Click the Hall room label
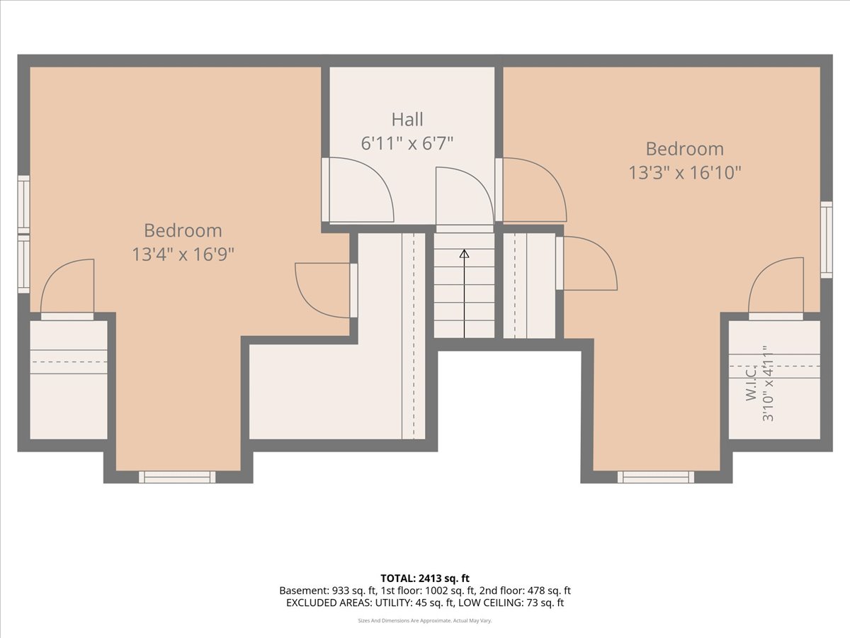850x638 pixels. [x=407, y=119]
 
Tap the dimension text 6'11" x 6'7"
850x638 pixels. [x=407, y=144]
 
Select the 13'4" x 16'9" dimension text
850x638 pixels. [x=183, y=255]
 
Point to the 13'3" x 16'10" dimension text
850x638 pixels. [x=685, y=173]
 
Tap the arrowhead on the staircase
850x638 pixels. [x=464, y=254]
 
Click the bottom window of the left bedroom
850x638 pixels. [x=177, y=477]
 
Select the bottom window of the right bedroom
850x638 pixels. [x=656, y=477]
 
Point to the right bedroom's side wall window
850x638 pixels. [x=827, y=240]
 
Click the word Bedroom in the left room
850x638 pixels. [x=183, y=231]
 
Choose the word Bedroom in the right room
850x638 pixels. [x=685, y=149]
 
